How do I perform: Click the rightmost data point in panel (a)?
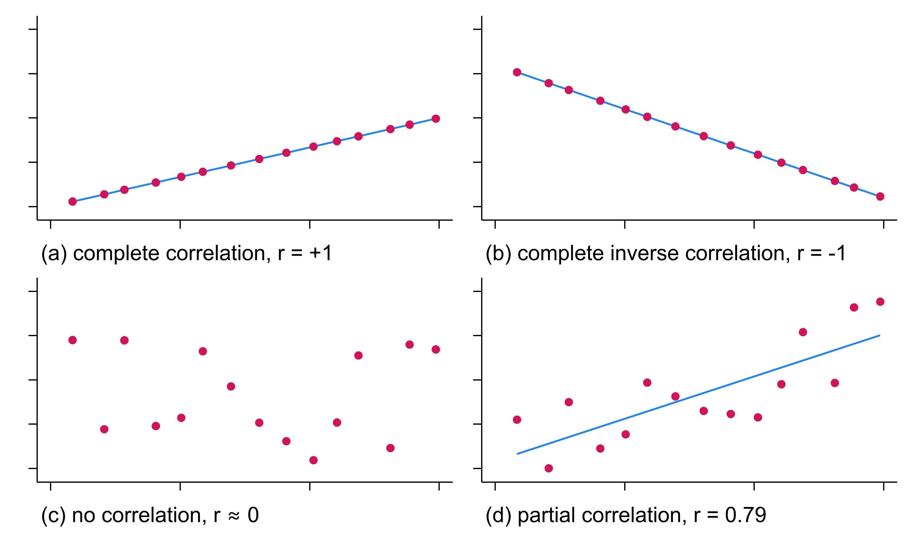[x=435, y=118]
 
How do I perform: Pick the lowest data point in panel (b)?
[x=880, y=196]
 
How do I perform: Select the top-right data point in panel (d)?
[x=880, y=302]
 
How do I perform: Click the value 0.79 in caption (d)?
[x=745, y=515]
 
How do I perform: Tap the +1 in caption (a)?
[x=321, y=253]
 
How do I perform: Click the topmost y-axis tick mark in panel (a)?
[x=32, y=29]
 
